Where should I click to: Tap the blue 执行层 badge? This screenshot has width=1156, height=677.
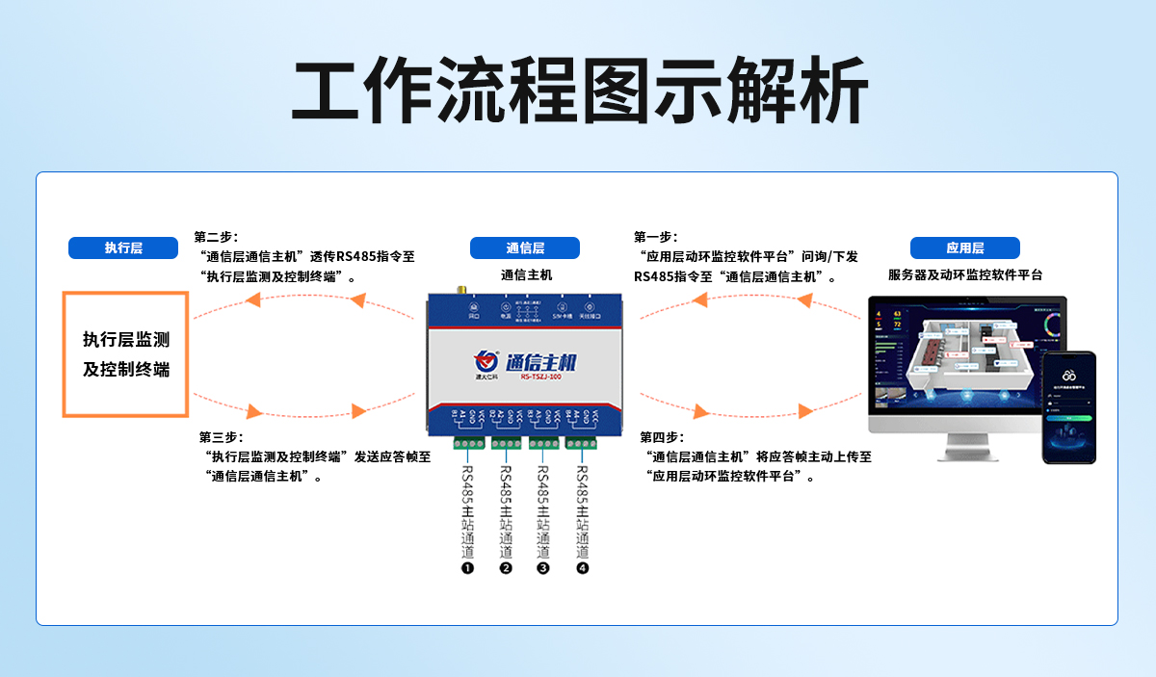(123, 247)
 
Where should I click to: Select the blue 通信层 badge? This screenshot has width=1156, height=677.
(525, 247)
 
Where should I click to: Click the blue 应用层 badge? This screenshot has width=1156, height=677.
(964, 247)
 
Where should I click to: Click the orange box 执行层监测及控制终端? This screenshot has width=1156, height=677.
(125, 353)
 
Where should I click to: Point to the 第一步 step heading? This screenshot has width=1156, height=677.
(655, 237)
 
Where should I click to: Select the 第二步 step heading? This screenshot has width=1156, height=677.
(216, 237)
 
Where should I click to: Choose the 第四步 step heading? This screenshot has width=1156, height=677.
(662, 437)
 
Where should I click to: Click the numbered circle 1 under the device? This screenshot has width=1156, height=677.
(468, 568)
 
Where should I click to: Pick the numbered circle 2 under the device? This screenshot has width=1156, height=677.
(506, 568)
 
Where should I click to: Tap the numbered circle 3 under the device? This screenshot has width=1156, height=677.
(543, 568)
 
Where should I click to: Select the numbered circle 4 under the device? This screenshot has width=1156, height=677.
(582, 568)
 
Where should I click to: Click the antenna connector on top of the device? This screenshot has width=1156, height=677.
(461, 289)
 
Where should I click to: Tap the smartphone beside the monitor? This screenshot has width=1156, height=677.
(1068, 406)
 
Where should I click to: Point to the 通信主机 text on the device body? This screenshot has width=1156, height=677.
(540, 363)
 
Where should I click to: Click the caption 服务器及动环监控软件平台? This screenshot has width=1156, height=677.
(964, 274)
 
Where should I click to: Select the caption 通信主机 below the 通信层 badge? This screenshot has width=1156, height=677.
(526, 274)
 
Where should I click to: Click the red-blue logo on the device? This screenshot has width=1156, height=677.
(486, 362)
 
